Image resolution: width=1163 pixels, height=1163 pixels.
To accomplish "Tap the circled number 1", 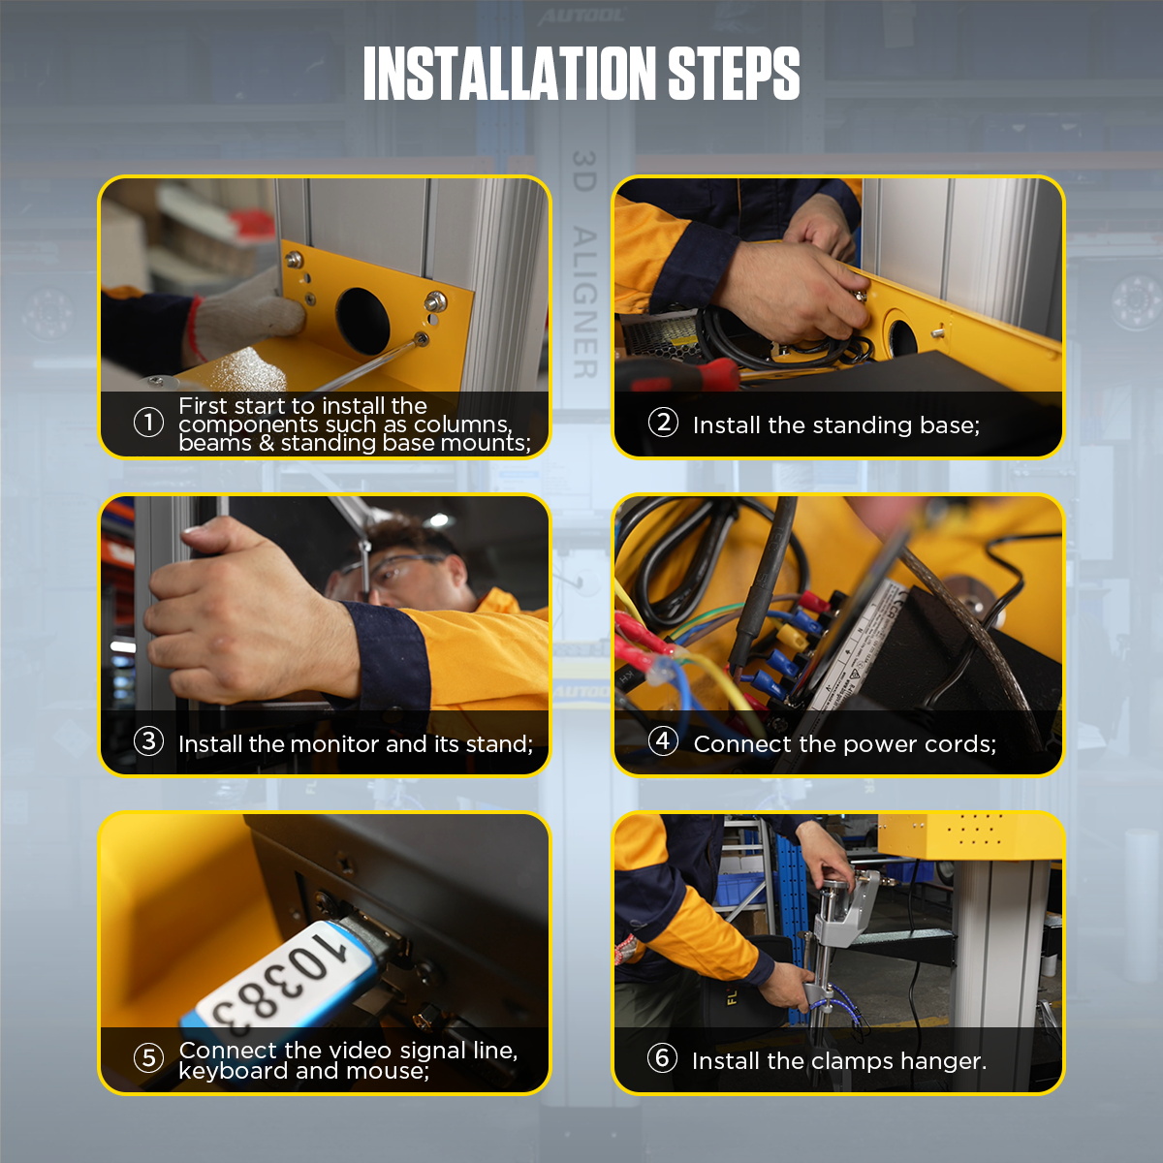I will click(148, 423).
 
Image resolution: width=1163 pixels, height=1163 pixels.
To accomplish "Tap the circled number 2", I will click(663, 423).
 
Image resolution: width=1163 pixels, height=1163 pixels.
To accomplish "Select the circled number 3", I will click(148, 742).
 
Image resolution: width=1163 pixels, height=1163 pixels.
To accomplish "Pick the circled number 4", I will click(663, 742).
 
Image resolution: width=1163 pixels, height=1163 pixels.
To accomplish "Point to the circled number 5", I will click(148, 1058).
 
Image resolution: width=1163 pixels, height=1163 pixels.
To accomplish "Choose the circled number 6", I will click(662, 1058).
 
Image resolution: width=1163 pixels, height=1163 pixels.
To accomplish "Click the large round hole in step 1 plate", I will click(362, 321).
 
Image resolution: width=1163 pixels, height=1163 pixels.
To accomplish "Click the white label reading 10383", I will click(281, 979).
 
